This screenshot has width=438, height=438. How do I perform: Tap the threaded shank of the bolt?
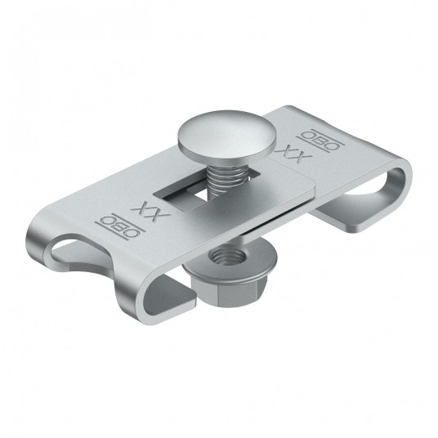coord(223,178)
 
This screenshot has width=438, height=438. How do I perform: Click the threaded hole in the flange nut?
coord(228,256)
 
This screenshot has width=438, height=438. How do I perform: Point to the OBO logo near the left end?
coord(120,227)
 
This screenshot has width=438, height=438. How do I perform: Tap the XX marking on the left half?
coord(151,211)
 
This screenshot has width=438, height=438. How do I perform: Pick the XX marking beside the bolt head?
coord(293,153)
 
